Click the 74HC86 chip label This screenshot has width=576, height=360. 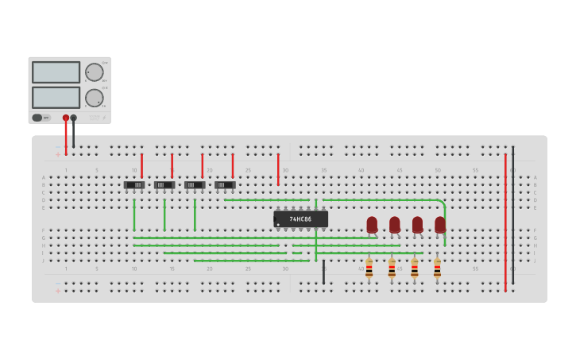point(300,219)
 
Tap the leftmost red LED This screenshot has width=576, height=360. point(372,224)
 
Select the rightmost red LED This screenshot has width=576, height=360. point(440,224)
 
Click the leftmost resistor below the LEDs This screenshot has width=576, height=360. point(369,268)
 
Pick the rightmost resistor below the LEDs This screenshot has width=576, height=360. point(437,268)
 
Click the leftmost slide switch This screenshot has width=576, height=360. point(134,185)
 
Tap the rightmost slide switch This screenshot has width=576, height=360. point(225,185)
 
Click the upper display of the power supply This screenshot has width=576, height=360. point(56,72)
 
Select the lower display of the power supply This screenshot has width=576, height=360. point(56,97)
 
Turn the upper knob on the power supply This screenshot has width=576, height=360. point(95,72)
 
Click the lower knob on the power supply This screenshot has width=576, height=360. point(95,98)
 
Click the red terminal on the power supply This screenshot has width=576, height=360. point(66,118)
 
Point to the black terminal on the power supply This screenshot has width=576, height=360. point(74,118)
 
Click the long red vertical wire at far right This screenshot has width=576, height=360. point(505,223)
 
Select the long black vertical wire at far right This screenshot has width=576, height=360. point(513,215)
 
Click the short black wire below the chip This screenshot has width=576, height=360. point(323,272)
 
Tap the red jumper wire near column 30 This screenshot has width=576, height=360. point(278,169)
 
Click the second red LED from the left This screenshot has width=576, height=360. point(395,224)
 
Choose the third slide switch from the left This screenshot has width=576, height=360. point(195,185)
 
